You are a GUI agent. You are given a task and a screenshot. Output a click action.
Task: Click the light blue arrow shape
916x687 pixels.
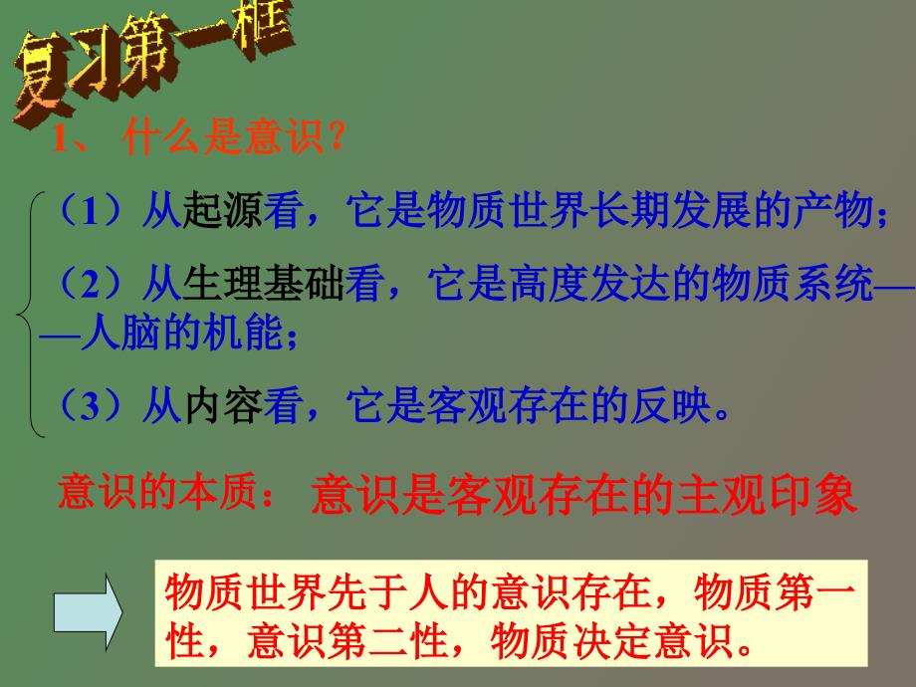point(88,612)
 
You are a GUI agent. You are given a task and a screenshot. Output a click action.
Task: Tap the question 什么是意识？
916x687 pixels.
point(234,137)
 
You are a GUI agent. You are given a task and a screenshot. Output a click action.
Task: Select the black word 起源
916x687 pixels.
point(223,210)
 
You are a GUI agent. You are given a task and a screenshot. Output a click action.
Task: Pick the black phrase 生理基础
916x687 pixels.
point(263,284)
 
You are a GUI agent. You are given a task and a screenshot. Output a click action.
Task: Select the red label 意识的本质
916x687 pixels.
point(157,492)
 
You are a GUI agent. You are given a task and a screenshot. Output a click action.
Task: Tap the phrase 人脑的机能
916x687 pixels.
point(182,333)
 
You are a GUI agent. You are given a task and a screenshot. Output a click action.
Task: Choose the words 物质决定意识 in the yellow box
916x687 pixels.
point(611,641)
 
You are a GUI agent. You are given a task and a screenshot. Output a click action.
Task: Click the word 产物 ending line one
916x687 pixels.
point(833,210)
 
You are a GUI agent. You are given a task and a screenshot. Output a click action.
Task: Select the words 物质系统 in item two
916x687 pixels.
point(793,284)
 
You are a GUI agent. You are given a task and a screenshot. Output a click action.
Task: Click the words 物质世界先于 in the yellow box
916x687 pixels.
point(287,592)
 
